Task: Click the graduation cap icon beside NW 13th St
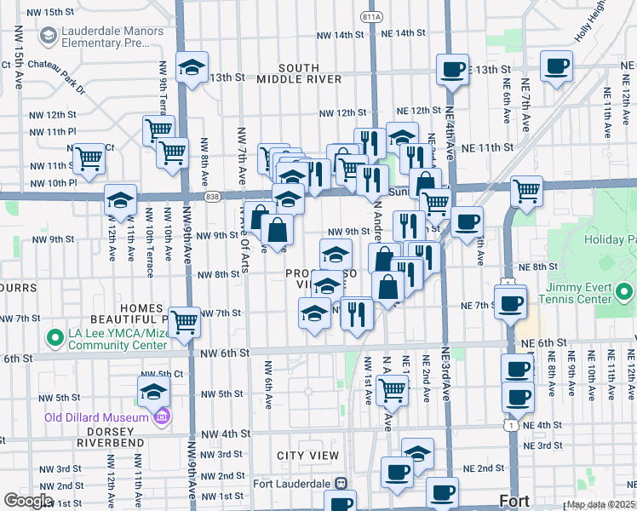[192, 67]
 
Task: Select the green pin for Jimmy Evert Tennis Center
[625, 294]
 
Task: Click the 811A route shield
[371, 16]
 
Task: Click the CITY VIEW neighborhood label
[308, 456]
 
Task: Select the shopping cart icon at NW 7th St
[184, 322]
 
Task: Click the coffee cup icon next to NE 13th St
[453, 69]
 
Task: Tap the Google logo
[28, 500]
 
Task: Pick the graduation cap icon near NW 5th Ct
[154, 392]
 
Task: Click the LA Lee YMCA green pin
[55, 338]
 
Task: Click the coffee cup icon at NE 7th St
[510, 303]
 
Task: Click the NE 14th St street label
[404, 33]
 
